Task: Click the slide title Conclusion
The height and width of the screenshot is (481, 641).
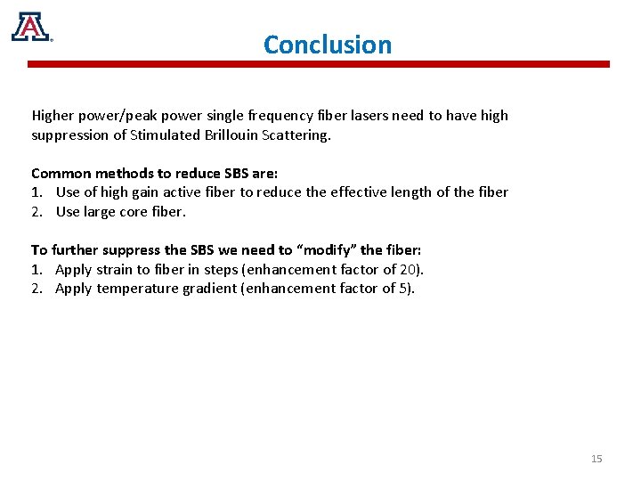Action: tap(327, 45)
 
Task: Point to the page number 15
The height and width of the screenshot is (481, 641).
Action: tap(596, 459)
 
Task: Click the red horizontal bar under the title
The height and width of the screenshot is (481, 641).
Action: tap(318, 64)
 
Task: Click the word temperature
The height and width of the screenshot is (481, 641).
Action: tap(136, 289)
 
